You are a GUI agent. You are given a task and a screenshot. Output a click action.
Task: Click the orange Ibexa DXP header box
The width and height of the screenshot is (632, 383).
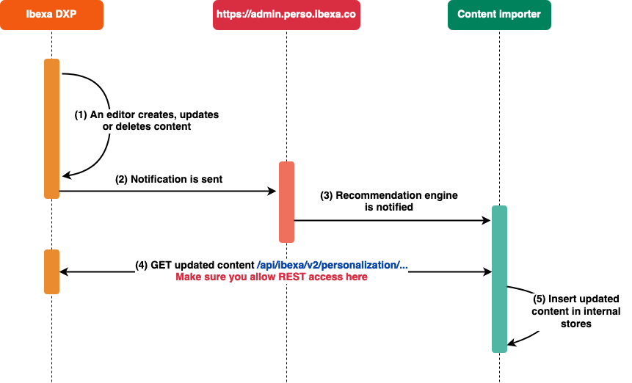coord(51,15)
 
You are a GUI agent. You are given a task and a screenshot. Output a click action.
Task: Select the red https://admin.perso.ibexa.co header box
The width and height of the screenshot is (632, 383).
coord(286,15)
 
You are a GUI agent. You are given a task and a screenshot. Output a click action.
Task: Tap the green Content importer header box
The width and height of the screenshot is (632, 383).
coord(499,15)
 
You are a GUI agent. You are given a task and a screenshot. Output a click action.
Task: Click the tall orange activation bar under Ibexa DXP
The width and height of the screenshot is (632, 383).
coord(51,128)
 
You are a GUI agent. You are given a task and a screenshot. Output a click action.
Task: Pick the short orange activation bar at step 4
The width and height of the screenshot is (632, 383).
coord(51,271)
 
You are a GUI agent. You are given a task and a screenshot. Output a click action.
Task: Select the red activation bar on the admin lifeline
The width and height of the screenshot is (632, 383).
coord(286,202)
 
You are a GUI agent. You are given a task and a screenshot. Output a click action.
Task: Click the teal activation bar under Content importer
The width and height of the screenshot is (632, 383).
coord(499,279)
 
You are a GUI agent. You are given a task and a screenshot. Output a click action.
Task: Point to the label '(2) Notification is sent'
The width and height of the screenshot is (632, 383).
coord(169,179)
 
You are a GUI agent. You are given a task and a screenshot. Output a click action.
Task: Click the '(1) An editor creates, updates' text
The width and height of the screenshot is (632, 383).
coord(147,115)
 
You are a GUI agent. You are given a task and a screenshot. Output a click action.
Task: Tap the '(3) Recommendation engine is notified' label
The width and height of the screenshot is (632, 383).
coord(389,201)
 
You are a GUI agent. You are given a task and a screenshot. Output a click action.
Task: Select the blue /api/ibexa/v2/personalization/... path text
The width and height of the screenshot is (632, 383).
coord(332,265)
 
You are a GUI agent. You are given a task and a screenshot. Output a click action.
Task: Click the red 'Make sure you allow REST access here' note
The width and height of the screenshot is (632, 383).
coord(271,277)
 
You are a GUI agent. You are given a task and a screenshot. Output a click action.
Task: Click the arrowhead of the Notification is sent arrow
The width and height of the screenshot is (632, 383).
coord(272,191)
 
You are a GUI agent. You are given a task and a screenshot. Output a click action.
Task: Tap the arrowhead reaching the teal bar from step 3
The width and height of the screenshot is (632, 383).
coord(486,220)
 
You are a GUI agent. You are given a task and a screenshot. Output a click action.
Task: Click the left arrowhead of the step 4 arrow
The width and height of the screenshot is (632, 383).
coord(64,271)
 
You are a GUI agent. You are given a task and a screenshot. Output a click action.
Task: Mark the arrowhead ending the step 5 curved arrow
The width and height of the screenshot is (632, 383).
coord(512,342)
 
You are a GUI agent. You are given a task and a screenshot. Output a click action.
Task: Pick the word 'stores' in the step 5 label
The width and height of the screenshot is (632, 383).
coord(575,324)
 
